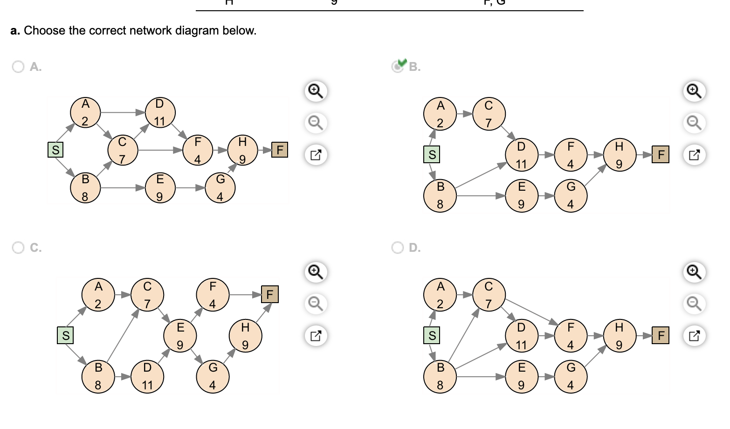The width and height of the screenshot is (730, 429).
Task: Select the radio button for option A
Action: [18, 67]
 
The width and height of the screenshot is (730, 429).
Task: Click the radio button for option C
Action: [18, 248]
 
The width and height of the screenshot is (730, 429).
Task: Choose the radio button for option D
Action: [398, 248]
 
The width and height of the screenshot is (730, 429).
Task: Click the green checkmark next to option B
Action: [402, 62]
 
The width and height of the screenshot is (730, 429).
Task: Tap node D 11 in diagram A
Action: [160, 112]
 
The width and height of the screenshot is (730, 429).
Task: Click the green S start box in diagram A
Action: [55, 150]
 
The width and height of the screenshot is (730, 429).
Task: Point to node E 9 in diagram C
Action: [180, 336]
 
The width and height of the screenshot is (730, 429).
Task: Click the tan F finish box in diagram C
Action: [270, 294]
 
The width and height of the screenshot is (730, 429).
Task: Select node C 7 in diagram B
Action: [489, 114]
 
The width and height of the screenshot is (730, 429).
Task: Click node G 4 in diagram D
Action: [571, 376]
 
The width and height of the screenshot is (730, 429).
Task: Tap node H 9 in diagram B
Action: [619, 155]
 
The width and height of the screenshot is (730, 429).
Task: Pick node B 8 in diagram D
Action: [440, 376]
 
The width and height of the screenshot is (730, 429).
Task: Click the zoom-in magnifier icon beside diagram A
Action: [316, 90]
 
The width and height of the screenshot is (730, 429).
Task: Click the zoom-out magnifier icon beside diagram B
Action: [694, 123]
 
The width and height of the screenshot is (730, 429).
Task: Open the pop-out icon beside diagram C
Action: [316, 335]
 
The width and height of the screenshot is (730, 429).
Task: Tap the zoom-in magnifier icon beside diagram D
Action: [694, 271]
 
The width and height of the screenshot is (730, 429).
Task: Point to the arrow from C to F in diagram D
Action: [531, 311]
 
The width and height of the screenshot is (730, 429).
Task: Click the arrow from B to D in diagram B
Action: [480, 176]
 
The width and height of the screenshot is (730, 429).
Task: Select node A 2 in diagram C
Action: [98, 295]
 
